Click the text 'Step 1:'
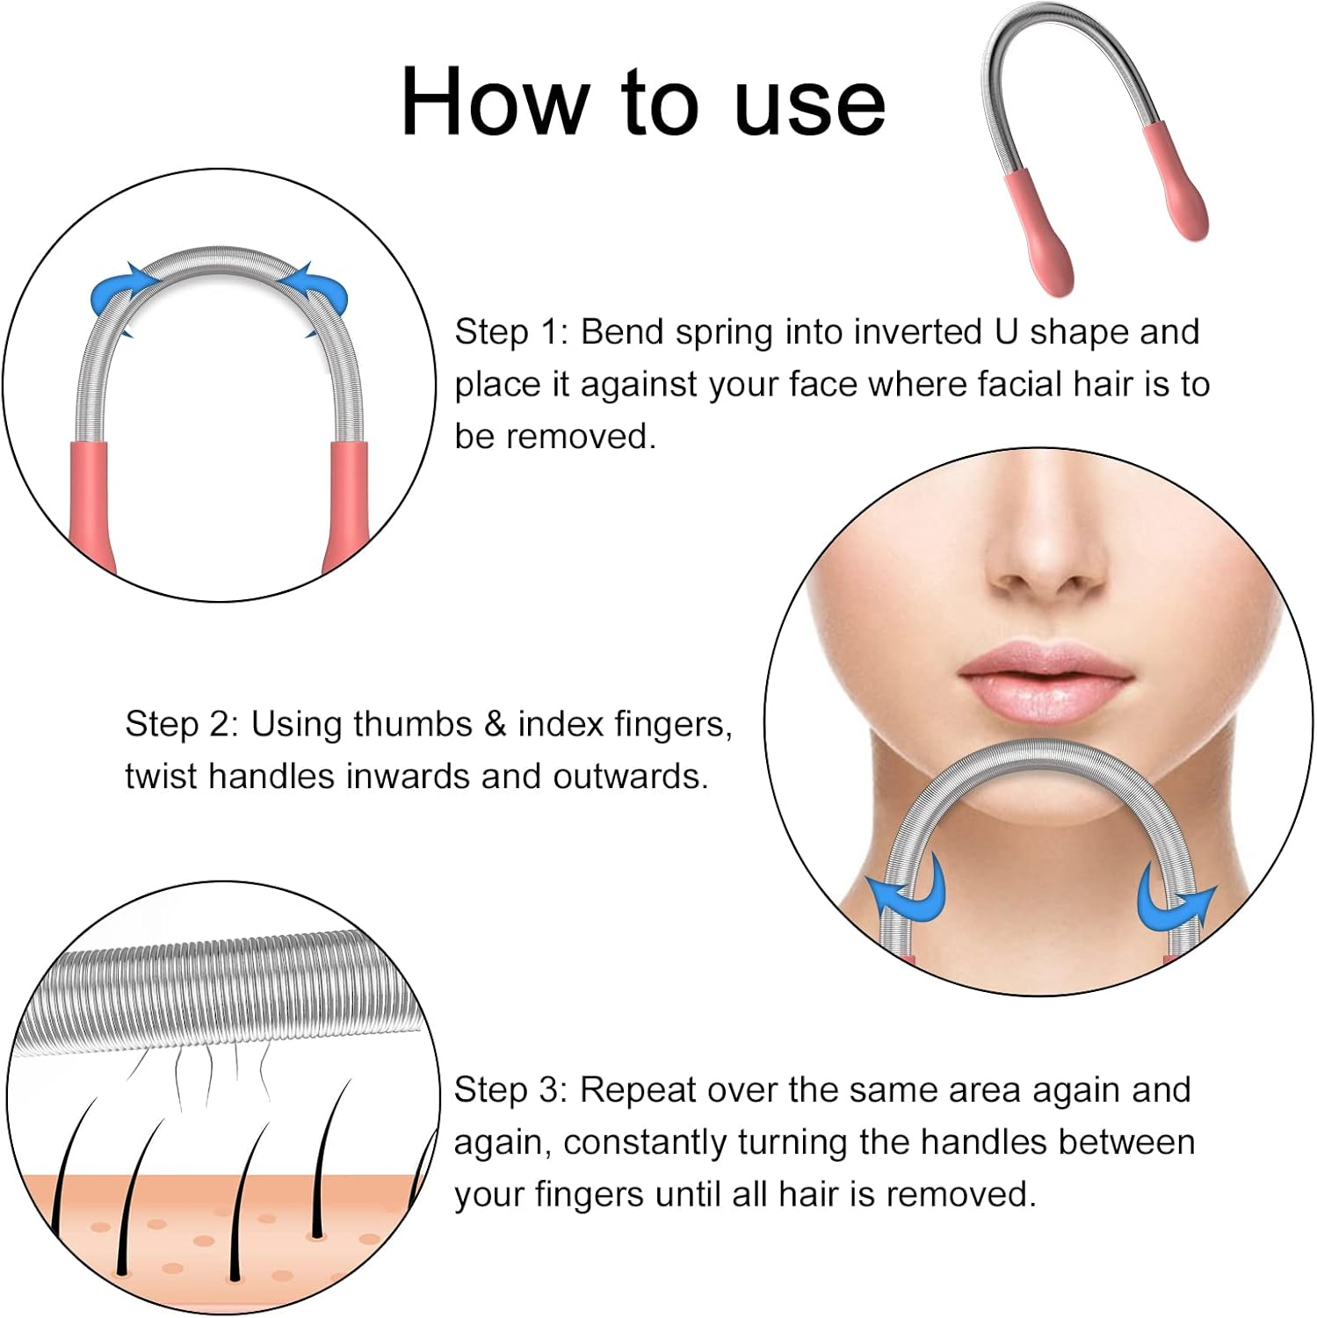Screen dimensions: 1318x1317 511,332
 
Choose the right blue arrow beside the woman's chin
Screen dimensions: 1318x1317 1172,901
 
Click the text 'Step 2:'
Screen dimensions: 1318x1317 181,724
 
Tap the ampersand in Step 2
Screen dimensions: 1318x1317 495,724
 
